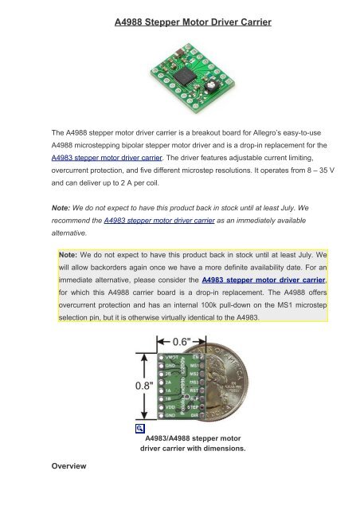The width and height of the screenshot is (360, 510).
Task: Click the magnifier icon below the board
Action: [x=140, y=430]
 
